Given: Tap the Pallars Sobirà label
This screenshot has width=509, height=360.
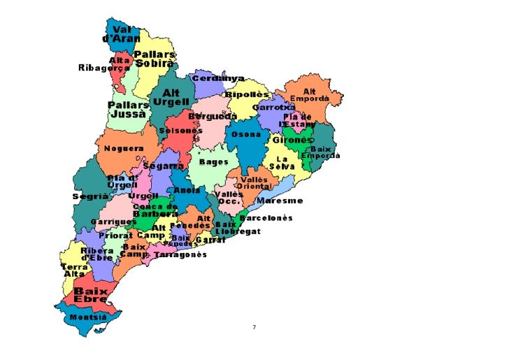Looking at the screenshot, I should (155, 59).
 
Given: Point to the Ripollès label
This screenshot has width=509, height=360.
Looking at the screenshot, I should (247, 94).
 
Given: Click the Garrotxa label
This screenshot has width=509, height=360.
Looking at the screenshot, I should (273, 108).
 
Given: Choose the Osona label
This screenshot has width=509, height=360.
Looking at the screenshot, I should (246, 134).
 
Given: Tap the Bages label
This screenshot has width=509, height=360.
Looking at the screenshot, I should (213, 161).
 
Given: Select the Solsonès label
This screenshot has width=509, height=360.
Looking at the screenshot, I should (180, 130).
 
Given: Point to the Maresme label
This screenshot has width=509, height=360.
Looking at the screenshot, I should (280, 201).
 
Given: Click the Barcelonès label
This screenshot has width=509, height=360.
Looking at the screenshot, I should (266, 218).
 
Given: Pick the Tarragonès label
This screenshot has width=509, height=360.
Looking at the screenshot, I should (185, 255).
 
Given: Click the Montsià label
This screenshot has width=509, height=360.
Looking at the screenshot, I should (88, 317).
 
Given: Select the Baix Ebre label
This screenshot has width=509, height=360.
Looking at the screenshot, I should (91, 295).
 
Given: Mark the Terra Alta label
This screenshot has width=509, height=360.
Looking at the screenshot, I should (74, 271).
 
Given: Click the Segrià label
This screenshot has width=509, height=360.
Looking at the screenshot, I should (89, 196).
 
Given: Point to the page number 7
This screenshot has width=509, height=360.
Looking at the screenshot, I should (254, 327).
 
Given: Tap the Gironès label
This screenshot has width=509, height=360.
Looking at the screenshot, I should (292, 140).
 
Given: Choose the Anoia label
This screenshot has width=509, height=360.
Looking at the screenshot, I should (187, 190).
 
